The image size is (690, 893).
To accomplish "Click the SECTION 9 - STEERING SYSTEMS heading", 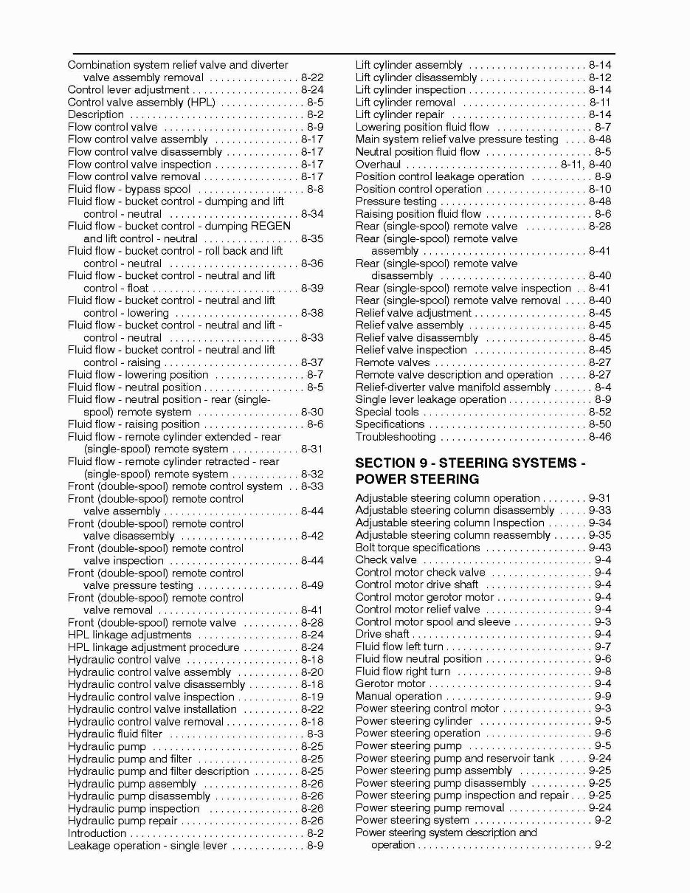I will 470,463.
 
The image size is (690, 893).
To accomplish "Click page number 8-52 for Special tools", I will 599,412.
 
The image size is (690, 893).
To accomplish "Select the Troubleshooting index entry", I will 395,437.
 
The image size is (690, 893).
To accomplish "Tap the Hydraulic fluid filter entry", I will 114,734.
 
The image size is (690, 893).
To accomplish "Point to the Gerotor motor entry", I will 390,683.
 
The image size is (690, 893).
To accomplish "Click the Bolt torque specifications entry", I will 417,548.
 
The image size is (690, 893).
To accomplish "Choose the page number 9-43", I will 599,548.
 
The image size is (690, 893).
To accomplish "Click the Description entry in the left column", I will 95,114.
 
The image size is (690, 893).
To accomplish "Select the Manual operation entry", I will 399,696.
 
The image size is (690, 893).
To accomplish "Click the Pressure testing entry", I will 396,201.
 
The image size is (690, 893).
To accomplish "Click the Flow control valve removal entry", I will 134,176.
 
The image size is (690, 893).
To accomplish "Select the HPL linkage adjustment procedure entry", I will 153,647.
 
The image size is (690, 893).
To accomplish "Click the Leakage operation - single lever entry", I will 147,845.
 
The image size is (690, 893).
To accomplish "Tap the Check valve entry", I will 385,560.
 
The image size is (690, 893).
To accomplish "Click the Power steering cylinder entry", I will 413,721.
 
